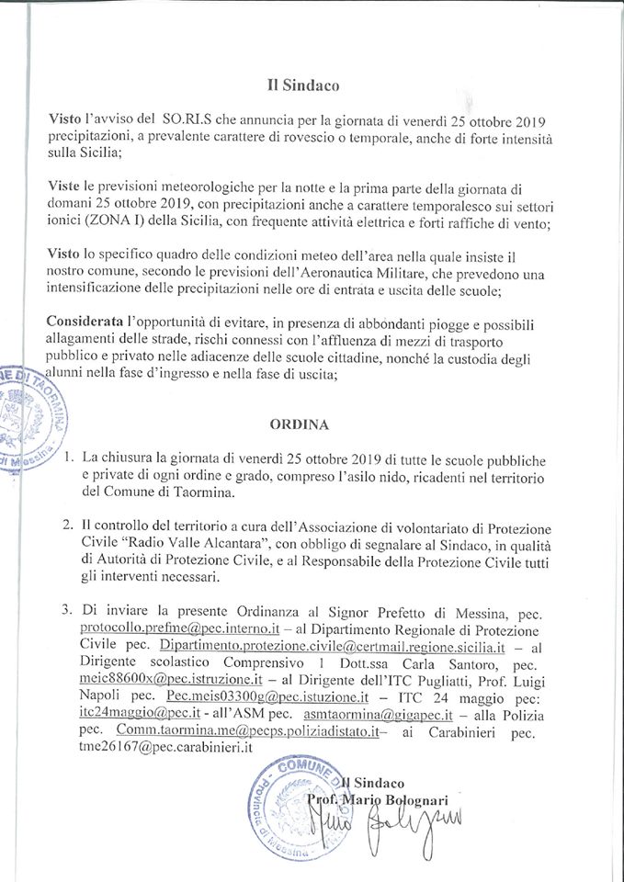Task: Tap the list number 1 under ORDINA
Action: pos(71,458)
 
